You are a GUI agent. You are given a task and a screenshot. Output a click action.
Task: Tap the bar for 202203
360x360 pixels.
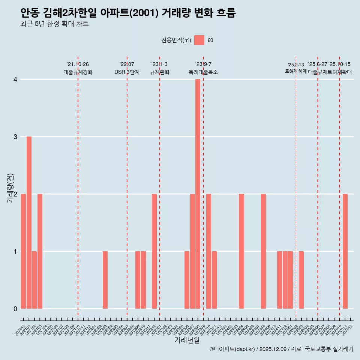pyautogui.click(x=105, y=280)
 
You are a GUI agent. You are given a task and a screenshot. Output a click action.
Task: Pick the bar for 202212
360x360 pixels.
pyautogui.click(x=154, y=251)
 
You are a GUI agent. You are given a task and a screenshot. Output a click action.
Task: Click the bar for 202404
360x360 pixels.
pyautogui.click(x=241, y=251)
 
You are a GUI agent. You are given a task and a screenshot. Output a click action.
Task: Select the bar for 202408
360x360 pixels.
pyautogui.click(x=263, y=251)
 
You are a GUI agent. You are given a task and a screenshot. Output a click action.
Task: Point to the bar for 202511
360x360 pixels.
pyautogui.click(x=345, y=251)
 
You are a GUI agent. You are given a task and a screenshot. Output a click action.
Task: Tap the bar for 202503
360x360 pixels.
pyautogui.click(x=301, y=280)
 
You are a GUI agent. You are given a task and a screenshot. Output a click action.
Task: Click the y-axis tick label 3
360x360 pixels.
pyautogui.click(x=15, y=137)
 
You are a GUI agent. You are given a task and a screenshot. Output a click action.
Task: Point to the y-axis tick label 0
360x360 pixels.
pyautogui.click(x=15, y=309)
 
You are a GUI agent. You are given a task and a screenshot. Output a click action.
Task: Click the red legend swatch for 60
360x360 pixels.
pyautogui.click(x=199, y=40)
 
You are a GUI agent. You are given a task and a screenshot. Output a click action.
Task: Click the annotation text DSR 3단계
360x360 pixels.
pyautogui.click(x=127, y=72)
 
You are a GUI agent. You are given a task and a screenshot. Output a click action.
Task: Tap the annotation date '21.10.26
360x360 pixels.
pyautogui.click(x=78, y=64)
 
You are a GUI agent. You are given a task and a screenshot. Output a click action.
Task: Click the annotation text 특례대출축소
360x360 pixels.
pyautogui.click(x=203, y=72)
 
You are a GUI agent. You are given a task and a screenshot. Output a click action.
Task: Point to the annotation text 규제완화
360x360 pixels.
pyautogui.click(x=159, y=72)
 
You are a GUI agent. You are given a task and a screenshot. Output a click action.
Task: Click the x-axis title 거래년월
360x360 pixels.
pyautogui.click(x=187, y=340)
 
